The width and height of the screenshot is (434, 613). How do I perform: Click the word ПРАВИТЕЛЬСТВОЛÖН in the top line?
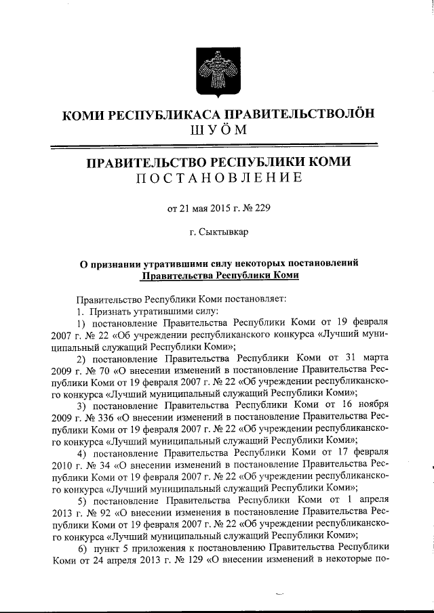click(299, 114)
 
